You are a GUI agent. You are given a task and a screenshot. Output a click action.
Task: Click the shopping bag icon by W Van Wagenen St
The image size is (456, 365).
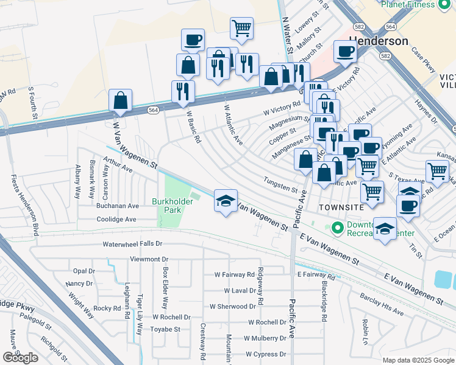(x=121, y=100)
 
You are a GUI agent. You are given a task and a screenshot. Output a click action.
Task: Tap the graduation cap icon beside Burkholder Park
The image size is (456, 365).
(x=225, y=201)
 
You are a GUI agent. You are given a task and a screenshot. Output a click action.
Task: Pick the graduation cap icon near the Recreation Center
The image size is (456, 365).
(x=384, y=229)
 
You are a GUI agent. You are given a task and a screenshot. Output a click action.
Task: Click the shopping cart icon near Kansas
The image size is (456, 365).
(x=437, y=172)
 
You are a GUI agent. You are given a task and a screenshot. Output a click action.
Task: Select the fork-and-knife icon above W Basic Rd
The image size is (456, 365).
(x=183, y=91)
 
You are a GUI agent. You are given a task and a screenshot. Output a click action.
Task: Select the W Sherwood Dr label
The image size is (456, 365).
(x=234, y=307)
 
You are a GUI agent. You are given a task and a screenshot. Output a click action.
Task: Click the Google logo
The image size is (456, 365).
(x=20, y=358)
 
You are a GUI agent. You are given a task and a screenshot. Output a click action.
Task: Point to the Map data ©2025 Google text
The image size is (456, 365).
(x=418, y=360)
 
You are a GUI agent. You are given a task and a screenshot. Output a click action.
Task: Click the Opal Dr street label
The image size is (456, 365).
(x=84, y=271)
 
